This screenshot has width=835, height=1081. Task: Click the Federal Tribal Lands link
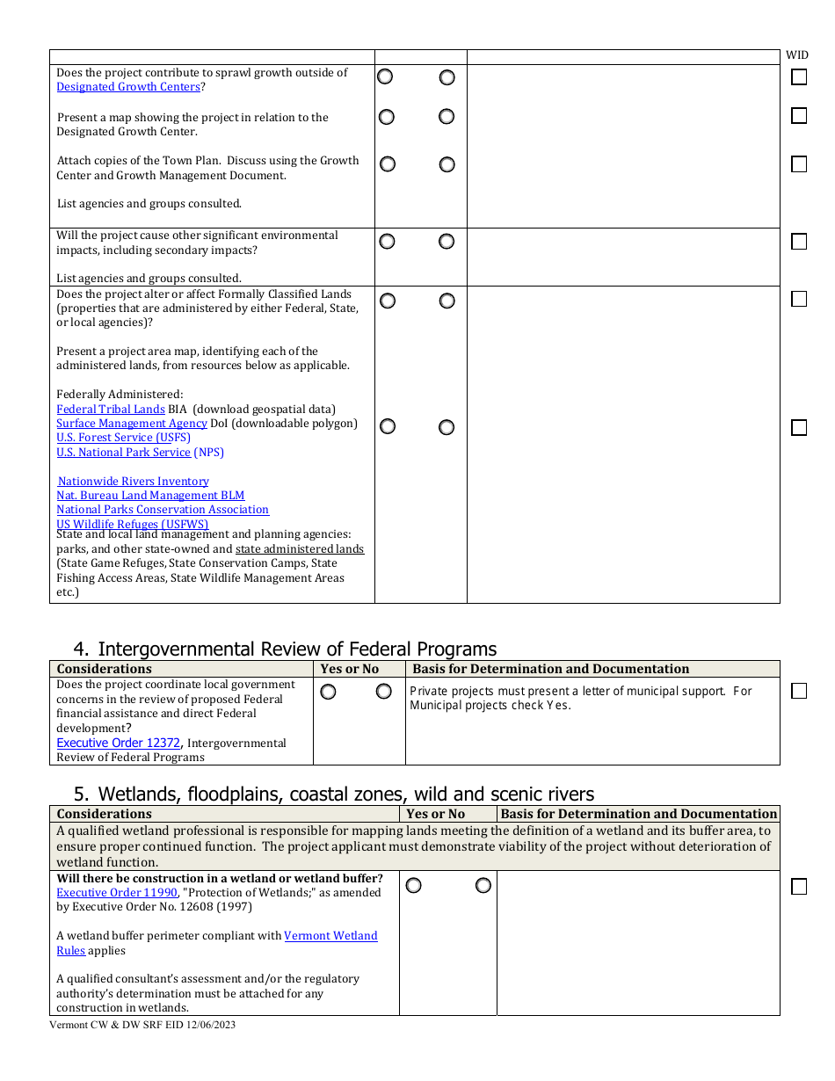(111, 410)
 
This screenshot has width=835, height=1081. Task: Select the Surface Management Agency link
(132, 424)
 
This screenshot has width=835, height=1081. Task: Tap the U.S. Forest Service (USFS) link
(123, 438)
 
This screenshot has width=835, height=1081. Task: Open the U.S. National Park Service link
(123, 453)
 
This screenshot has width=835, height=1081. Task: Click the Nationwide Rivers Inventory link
(134, 482)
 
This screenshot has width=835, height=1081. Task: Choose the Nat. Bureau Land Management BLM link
(150, 496)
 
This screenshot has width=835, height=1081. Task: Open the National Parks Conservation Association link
(163, 510)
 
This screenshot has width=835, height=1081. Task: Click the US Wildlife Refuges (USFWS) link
(120, 525)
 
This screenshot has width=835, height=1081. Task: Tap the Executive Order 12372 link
(118, 744)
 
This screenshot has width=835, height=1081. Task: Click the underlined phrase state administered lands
(300, 549)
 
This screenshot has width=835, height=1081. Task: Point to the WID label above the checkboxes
(797, 55)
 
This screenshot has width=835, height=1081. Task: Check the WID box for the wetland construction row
(799, 887)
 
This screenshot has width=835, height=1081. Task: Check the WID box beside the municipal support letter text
(799, 691)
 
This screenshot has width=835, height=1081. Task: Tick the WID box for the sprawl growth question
(799, 77)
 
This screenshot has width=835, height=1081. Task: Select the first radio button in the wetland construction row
(414, 886)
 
